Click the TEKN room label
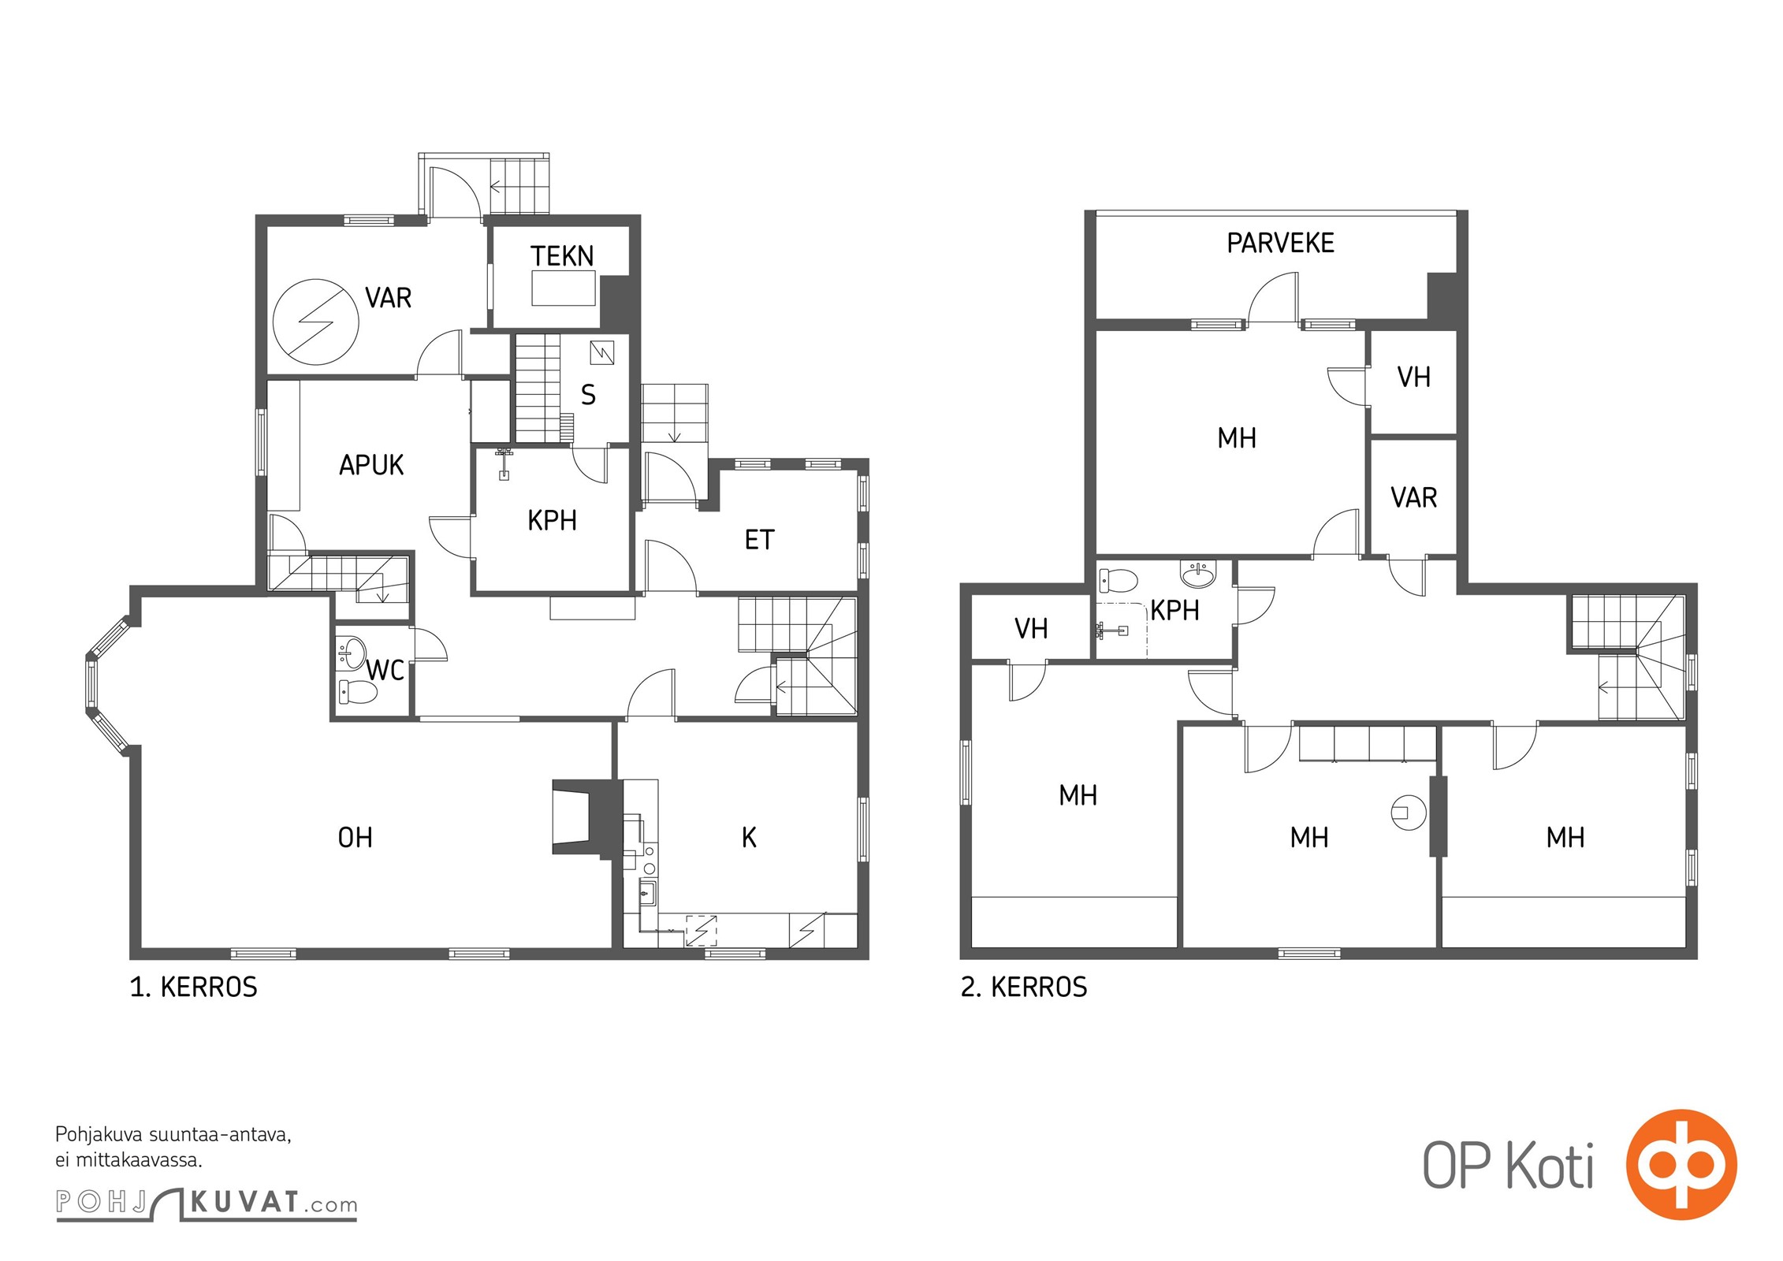[562, 256]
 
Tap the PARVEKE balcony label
[1280, 243]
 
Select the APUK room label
[371, 465]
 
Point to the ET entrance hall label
[759, 540]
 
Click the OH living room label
[355, 837]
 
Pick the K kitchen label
[749, 837]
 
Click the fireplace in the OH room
[583, 816]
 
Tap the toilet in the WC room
[358, 692]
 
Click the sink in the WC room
[352, 652]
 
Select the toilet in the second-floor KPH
[1119, 581]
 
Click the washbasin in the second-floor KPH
[1198, 573]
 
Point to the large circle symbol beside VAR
[315, 322]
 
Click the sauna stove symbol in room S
[602, 352]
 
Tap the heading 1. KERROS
[193, 987]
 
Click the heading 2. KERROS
[1024, 987]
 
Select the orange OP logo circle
[1681, 1165]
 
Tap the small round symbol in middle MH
[1409, 813]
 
